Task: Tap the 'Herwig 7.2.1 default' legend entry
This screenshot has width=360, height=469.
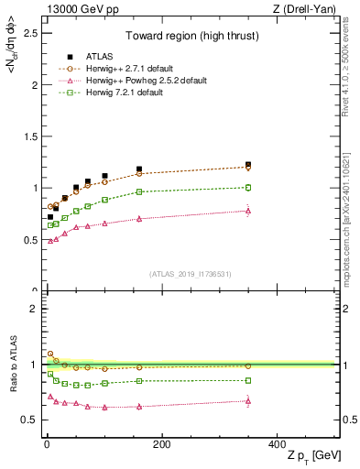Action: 112,93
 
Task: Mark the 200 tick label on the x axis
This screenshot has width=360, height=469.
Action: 161,443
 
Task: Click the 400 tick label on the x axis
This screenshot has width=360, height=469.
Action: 277,443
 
